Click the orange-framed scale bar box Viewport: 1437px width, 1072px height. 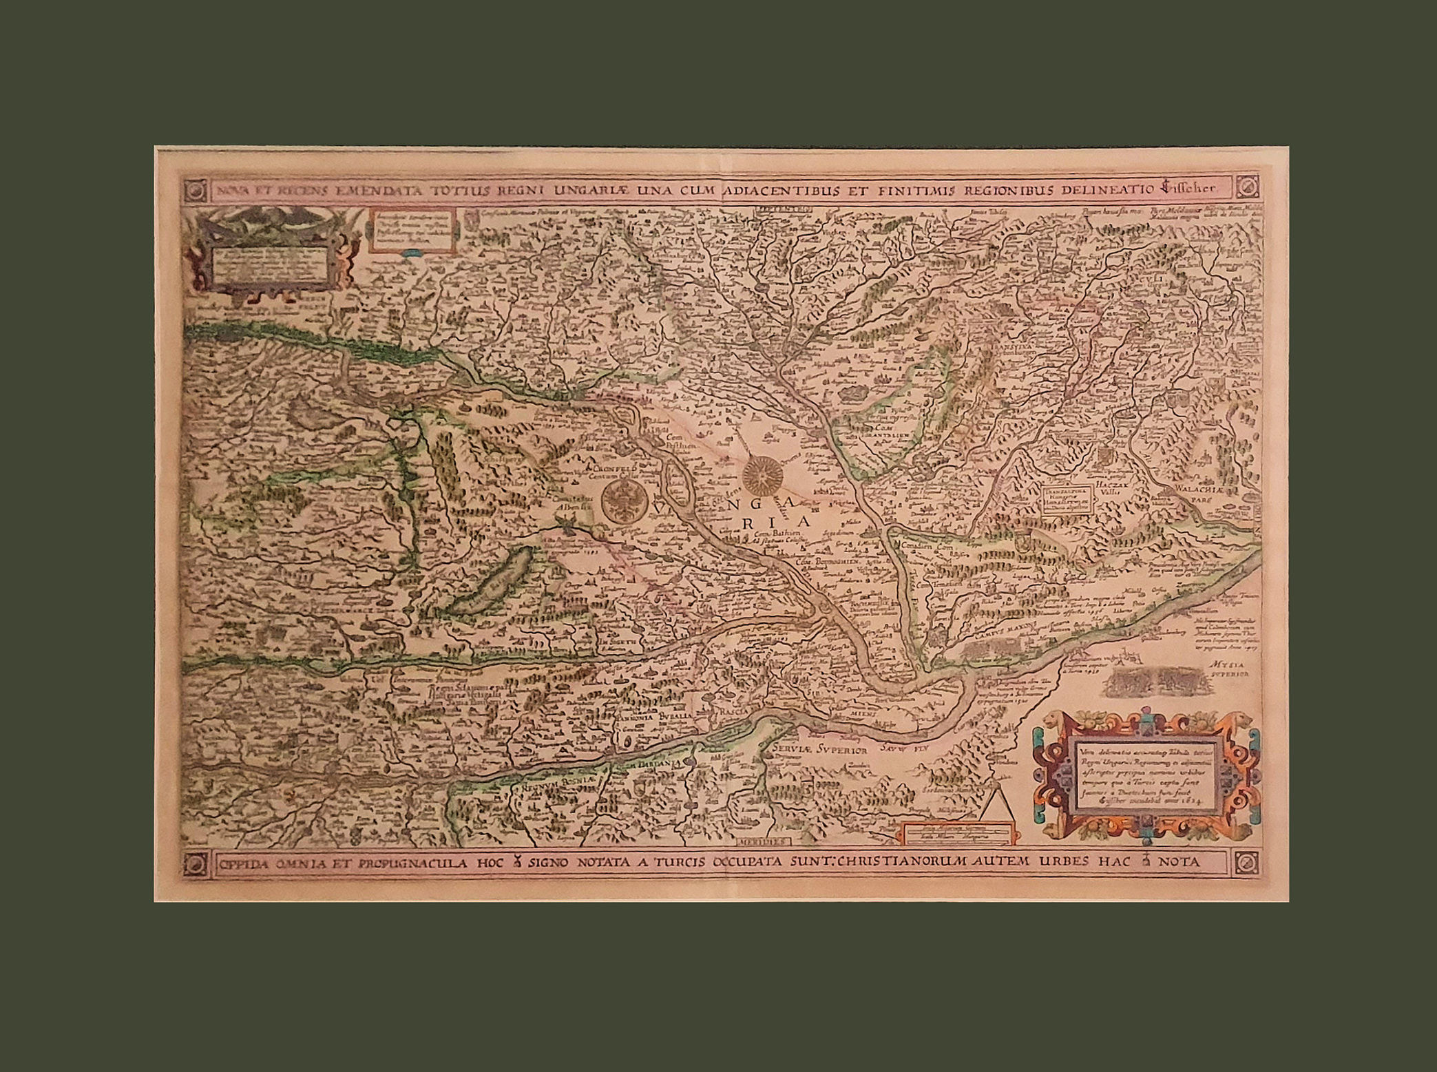pos(959,833)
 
